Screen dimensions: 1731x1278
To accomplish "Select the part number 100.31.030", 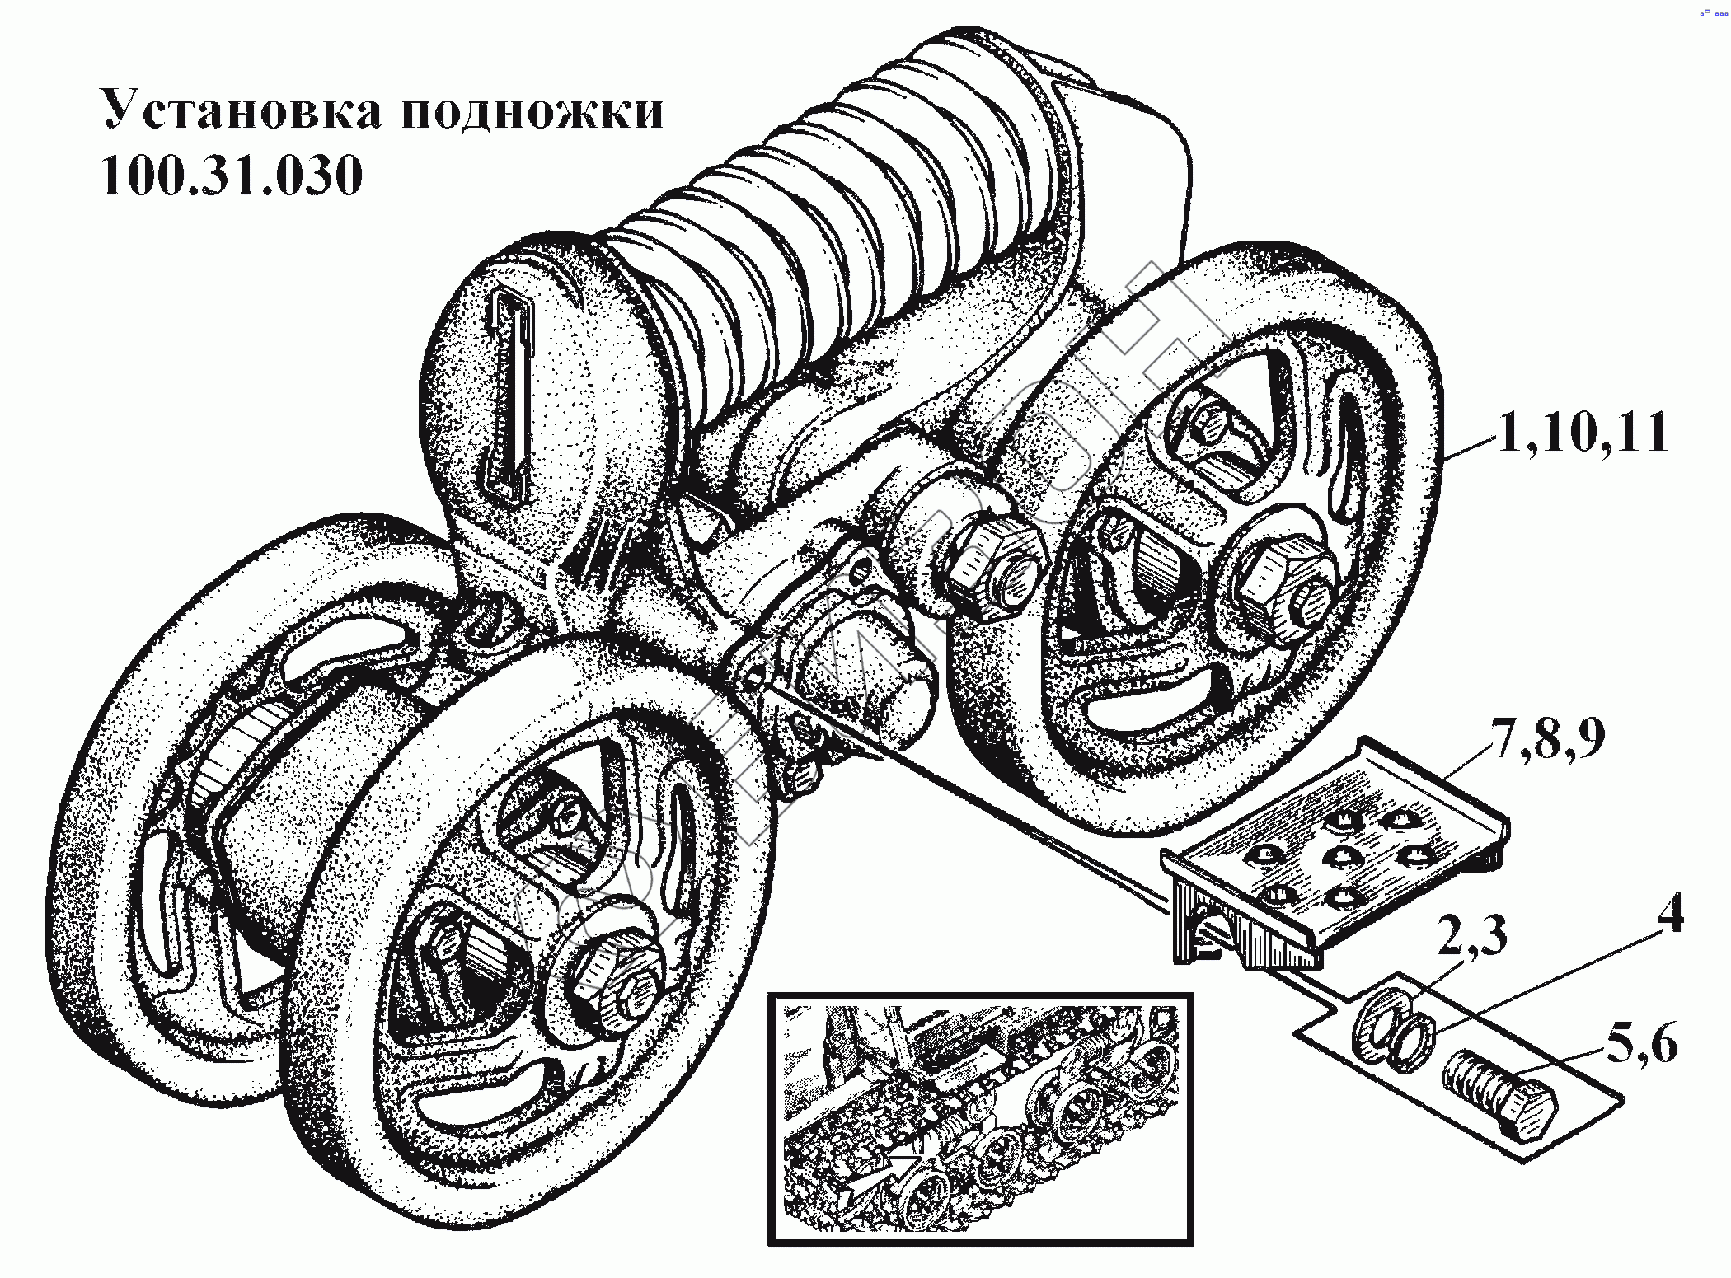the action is [231, 176].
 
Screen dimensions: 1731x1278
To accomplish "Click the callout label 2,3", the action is [1472, 936].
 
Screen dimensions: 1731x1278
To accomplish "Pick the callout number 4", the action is [1670, 914].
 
